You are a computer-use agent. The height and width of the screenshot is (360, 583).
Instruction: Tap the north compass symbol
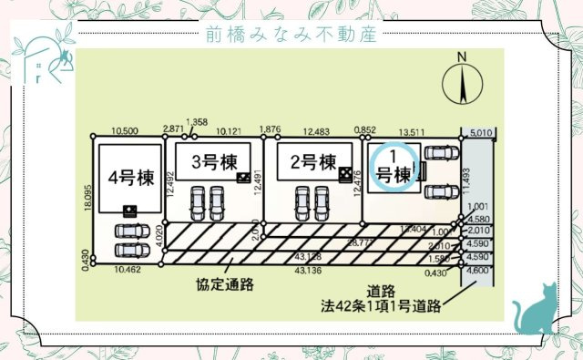click(x=462, y=82)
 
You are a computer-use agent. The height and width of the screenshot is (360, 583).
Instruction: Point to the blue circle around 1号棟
click(x=397, y=164)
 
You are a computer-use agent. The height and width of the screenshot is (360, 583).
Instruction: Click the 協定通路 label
click(x=224, y=283)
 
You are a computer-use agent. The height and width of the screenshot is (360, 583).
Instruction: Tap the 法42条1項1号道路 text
click(x=382, y=305)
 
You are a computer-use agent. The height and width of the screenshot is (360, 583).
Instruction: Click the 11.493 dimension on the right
click(x=466, y=183)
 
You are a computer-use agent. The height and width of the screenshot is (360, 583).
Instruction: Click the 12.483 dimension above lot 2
click(x=312, y=130)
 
